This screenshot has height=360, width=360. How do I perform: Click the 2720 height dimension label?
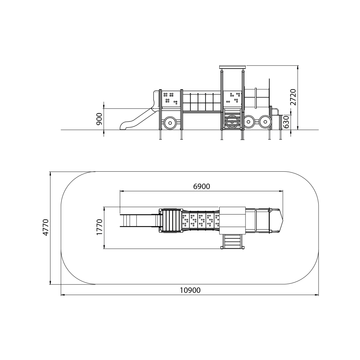coord(293,97)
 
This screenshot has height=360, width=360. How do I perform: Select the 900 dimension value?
coord(99,119)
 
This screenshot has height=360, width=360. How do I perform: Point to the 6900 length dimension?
coord(202,186)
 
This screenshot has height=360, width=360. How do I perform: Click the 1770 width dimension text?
coord(99,227)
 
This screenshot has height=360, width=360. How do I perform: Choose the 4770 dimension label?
coord(46,227)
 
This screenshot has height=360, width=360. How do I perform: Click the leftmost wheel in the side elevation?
coord(170,123)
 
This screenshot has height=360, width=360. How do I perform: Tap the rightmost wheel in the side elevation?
coord(265,122)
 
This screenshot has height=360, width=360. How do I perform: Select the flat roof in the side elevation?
coord(233,67)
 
